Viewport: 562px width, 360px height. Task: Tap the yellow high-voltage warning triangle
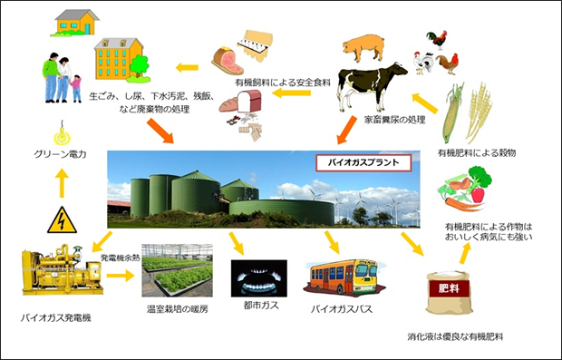tap(62, 220)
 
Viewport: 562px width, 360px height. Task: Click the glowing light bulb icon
tap(61, 134)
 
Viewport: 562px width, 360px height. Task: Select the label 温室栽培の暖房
tap(178, 309)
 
